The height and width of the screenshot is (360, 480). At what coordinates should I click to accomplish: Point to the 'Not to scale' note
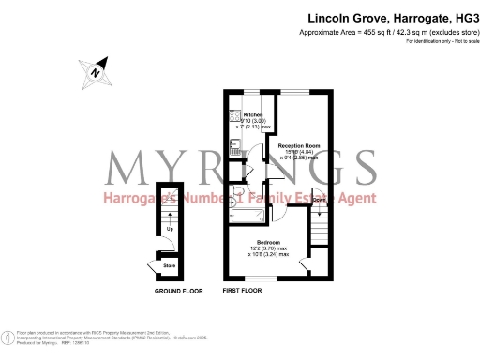coord(458,41)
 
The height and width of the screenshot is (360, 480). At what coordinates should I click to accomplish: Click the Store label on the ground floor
coord(170,265)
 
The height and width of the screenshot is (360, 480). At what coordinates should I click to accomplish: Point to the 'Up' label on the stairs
coord(170,229)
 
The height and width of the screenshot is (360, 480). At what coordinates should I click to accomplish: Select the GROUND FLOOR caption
coord(178,292)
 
